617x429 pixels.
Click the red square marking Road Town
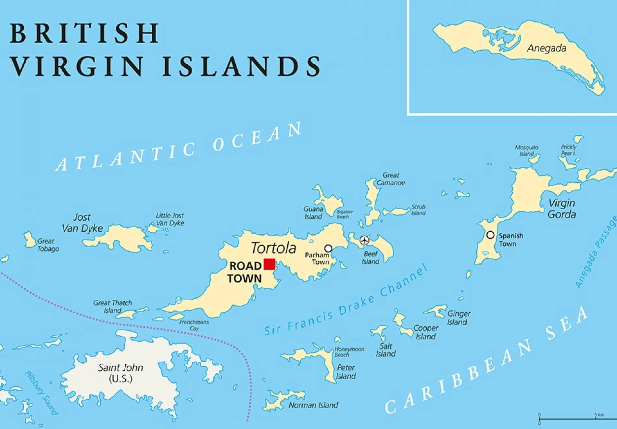tap(269, 264)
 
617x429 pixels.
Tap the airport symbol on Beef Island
tap(364, 240)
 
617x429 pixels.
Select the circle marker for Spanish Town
tap(490, 235)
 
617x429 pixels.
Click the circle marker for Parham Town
tap(328, 249)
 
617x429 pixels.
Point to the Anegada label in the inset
tap(547, 48)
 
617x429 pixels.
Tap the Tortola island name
tap(273, 248)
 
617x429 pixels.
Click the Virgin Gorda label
tap(561, 209)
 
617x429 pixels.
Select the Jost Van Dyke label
tap(82, 223)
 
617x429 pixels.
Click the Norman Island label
tap(313, 405)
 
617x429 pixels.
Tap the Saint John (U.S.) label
tap(120, 373)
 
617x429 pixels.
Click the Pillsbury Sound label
tap(41, 393)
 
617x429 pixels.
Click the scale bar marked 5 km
tap(572, 419)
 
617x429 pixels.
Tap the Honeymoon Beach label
tap(349, 352)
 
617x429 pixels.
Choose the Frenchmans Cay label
tap(194, 325)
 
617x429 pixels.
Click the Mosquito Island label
tap(526, 150)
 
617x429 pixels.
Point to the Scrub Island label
tap(418, 210)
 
